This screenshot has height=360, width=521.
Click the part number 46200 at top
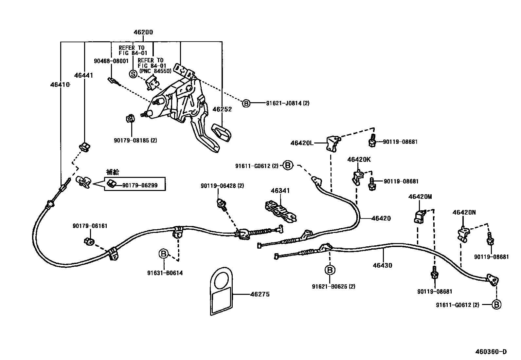click(x=143, y=32)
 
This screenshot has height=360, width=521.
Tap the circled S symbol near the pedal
click(x=133, y=74)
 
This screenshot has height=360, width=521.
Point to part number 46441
click(x=83, y=76)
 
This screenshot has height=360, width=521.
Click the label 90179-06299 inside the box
click(x=140, y=185)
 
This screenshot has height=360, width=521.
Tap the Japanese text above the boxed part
click(x=113, y=172)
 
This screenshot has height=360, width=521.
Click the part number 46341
click(x=280, y=191)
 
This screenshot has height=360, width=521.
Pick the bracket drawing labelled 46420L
click(x=333, y=143)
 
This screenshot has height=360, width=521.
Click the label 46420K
click(x=359, y=160)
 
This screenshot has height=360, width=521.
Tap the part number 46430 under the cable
click(x=382, y=265)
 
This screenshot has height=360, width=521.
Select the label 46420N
click(x=464, y=212)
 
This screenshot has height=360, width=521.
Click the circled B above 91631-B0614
click(x=164, y=253)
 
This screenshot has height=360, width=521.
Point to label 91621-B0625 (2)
click(x=333, y=287)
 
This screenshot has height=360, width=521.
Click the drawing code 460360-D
click(x=491, y=352)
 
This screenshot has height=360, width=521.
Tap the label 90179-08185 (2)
click(x=135, y=141)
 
